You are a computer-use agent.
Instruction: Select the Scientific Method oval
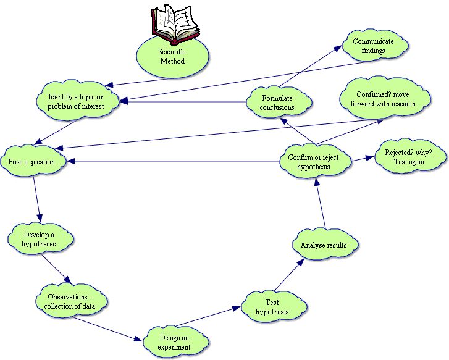[172, 57]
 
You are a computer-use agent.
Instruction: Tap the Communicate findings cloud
[373, 46]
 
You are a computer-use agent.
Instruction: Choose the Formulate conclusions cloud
[277, 103]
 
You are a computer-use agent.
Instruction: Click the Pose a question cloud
[31, 162]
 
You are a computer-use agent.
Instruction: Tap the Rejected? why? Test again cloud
[408, 157]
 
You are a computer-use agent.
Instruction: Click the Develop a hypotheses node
[40, 240]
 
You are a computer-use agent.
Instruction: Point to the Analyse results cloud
[324, 245]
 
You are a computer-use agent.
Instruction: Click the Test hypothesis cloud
[272, 307]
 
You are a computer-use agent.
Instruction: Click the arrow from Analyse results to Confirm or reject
[320, 204]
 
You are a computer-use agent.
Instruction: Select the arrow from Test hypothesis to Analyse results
[289, 274]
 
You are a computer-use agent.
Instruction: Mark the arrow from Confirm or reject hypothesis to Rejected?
[364, 159]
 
